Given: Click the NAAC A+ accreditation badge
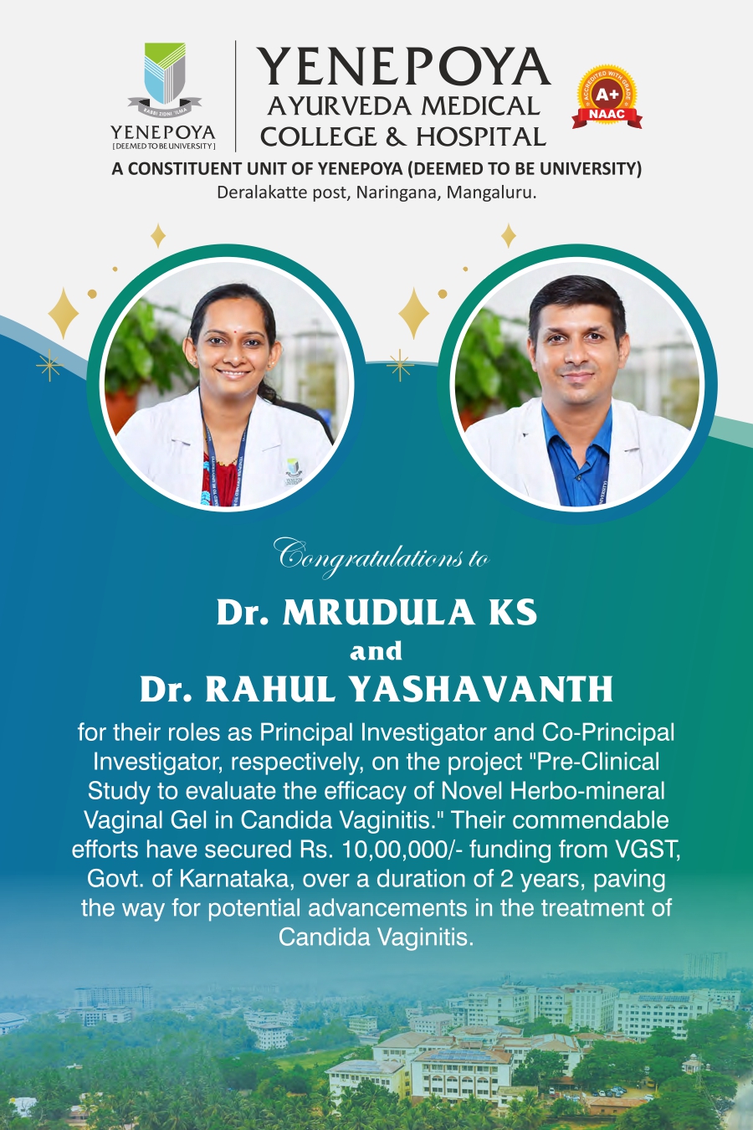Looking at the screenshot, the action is (x=607, y=96).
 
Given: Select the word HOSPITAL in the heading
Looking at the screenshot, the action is (x=481, y=136).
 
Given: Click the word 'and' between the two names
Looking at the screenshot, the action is (x=376, y=650).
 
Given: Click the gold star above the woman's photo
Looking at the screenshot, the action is (x=158, y=235).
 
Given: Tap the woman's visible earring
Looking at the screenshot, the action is (x=273, y=362).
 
